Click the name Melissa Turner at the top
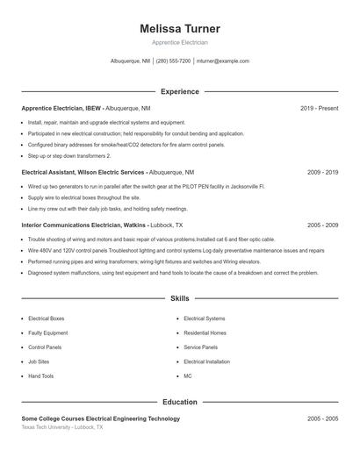[x=180, y=28]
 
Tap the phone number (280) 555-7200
[x=174, y=61]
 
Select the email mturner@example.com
[x=223, y=61]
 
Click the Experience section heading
[x=180, y=91]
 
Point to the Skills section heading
[x=180, y=299]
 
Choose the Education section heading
[x=180, y=402]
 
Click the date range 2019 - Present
[x=319, y=108]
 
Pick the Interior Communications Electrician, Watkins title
[x=83, y=225]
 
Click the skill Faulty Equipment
[x=47, y=333]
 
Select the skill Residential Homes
[x=205, y=333]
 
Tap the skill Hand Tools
[x=40, y=376]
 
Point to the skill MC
[x=187, y=376]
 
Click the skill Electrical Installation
[x=206, y=361]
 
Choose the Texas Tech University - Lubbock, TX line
[x=61, y=427]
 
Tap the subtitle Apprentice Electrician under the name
[x=180, y=42]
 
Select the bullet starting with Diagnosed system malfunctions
[x=172, y=273]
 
